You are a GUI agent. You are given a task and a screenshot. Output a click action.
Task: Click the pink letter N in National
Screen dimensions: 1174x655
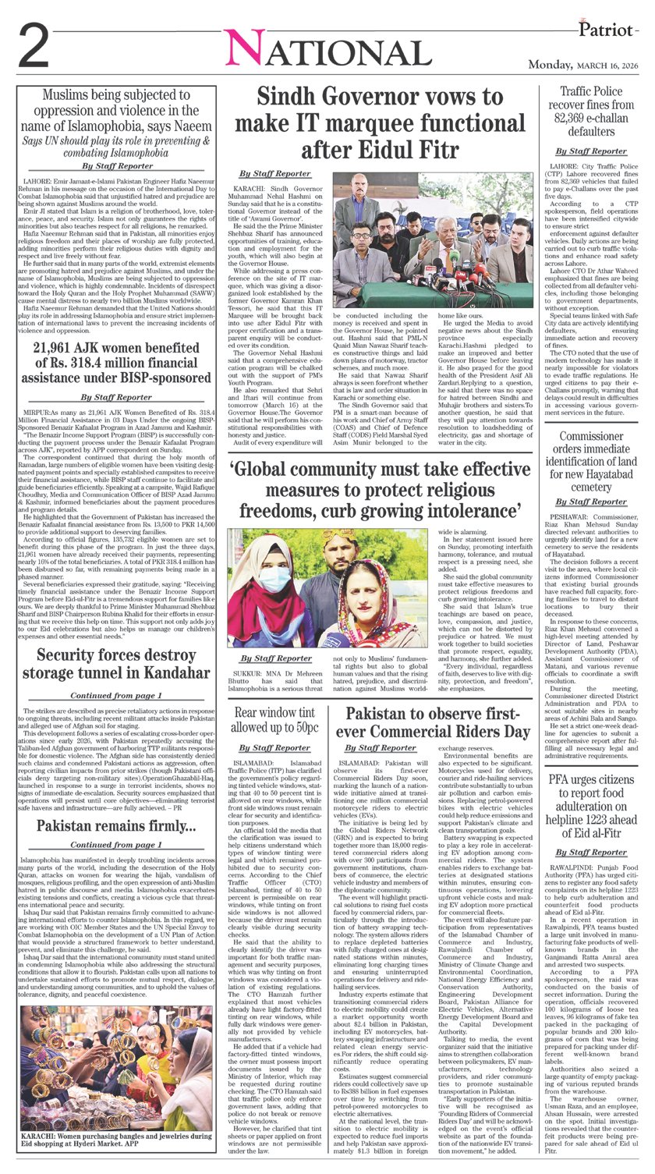pos(246,52)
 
